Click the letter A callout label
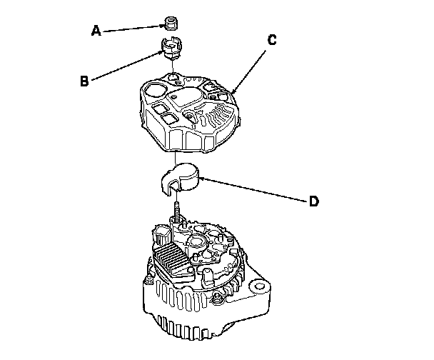coord(96,31)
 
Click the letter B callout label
coord(84,81)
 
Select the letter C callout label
coord(271,40)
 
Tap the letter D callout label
coord(313,201)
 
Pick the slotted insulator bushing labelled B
coord(171,52)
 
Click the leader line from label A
coord(132,28)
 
